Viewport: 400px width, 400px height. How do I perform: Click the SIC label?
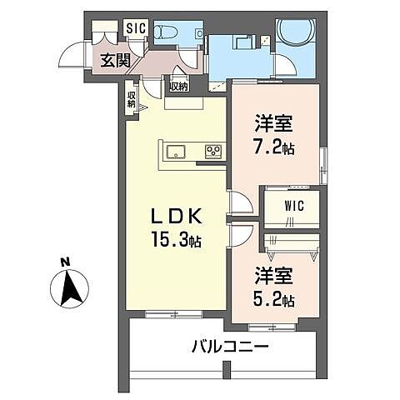(135, 27)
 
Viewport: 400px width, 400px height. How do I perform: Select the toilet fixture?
(169, 32)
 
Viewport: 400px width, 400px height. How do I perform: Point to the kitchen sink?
(177, 151)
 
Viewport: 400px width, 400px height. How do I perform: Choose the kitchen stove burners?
(213, 151)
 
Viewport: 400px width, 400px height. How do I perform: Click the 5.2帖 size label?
(274, 300)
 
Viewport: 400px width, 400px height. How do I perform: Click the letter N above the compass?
(65, 262)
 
